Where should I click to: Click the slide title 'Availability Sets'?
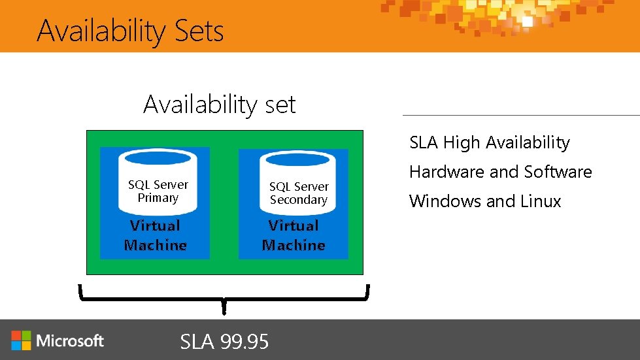point(130,31)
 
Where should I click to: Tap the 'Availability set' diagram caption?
point(219,105)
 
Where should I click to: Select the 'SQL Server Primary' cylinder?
point(158,184)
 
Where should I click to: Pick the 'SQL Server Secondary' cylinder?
point(298,186)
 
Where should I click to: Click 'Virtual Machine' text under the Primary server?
point(156,236)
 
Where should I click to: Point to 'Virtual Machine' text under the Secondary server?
point(294,236)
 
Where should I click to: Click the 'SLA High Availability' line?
point(490,142)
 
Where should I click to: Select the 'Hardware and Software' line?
point(500,172)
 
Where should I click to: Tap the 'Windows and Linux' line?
point(485,201)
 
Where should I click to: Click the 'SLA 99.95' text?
point(224,341)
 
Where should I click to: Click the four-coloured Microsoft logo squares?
point(21,340)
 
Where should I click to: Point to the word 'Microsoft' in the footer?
point(71,340)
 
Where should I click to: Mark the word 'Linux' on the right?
point(541,201)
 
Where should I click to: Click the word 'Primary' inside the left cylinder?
point(158,198)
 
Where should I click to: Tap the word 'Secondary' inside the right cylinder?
point(298,200)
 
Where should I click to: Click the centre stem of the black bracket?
point(224,306)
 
